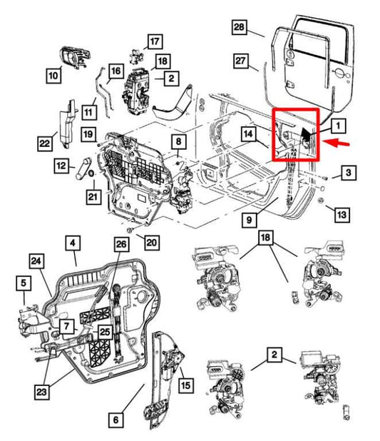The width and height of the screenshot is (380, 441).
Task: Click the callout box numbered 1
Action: (x=338, y=126)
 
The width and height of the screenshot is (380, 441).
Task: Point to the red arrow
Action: (x=337, y=143)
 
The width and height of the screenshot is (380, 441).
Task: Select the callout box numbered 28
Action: (x=239, y=27)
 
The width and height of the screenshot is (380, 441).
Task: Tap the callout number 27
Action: (x=240, y=61)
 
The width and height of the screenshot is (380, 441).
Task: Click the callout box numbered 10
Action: (x=53, y=76)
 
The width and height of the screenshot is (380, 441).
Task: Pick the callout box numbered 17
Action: (x=155, y=41)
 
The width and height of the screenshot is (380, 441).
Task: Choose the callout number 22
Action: (x=45, y=143)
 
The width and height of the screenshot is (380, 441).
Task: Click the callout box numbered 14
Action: (x=248, y=134)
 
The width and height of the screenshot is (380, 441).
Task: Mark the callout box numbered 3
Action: (x=349, y=173)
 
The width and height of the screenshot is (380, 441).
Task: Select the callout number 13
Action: (x=342, y=215)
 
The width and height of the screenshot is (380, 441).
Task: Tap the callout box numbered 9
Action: (x=249, y=220)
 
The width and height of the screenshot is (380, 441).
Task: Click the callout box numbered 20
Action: (x=152, y=243)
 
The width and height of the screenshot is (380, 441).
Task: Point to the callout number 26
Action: (x=121, y=244)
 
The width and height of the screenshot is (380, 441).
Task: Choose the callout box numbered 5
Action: (x=24, y=283)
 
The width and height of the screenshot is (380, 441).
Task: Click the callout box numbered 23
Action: (x=41, y=392)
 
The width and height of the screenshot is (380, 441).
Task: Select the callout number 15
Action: (x=186, y=385)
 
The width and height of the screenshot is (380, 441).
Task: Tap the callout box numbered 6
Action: (x=115, y=420)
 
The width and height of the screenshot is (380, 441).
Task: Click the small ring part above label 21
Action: (x=91, y=173)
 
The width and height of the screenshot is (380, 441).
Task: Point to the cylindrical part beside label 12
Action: (x=83, y=168)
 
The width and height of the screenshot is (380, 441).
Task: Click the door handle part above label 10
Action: (x=76, y=58)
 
